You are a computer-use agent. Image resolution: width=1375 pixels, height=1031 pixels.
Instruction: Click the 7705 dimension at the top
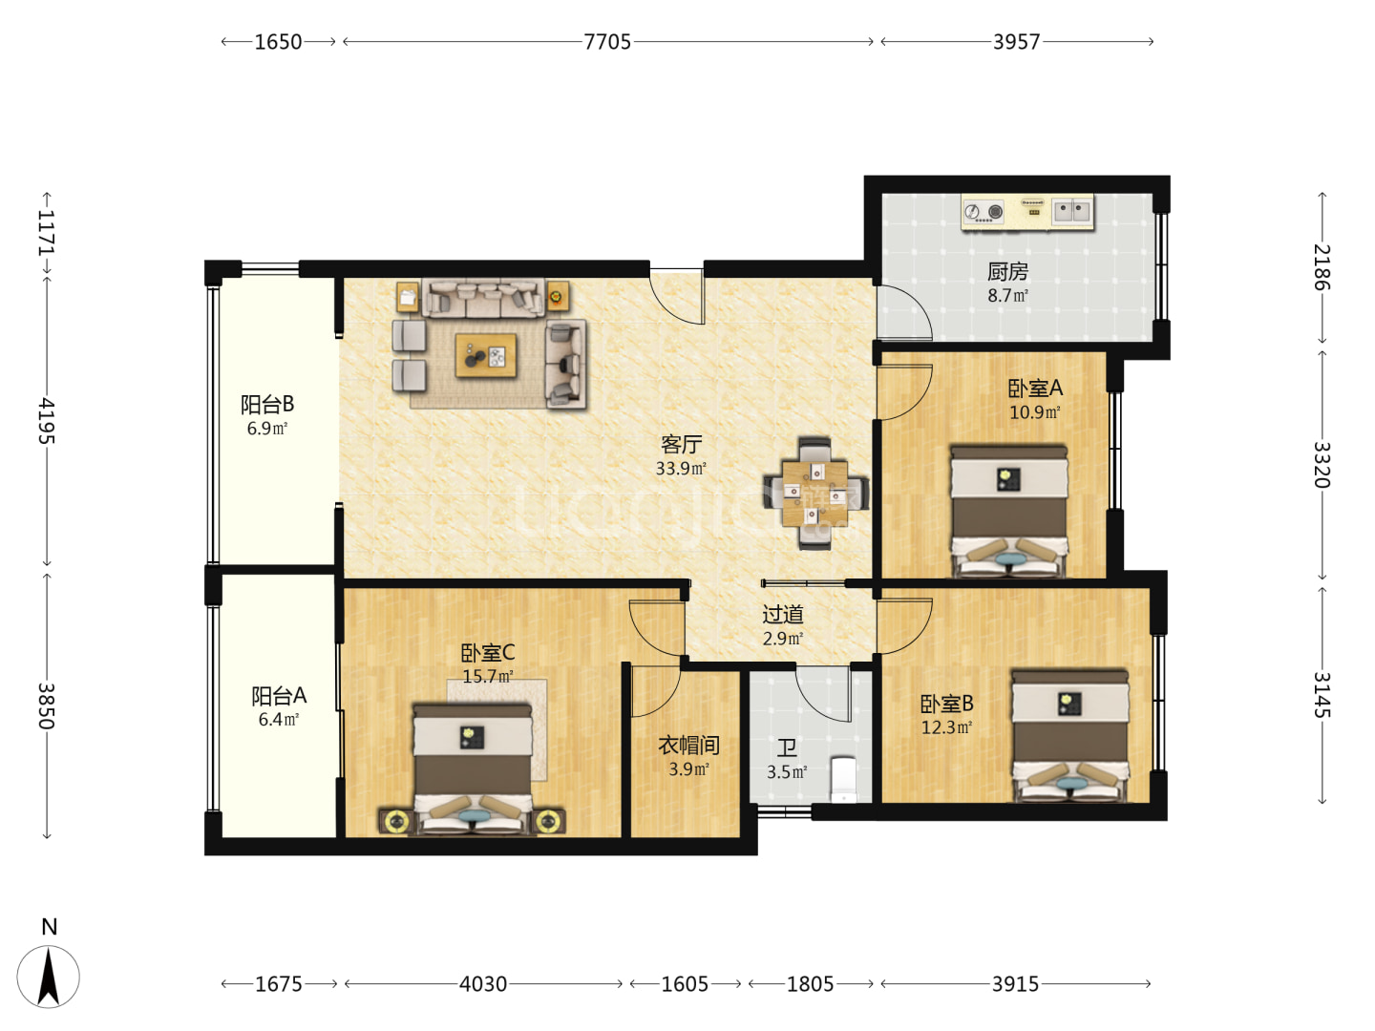point(607,42)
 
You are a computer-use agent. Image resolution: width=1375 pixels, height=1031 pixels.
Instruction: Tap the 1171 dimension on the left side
point(47,233)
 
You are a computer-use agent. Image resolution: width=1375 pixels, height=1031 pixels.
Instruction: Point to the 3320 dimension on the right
point(1322,465)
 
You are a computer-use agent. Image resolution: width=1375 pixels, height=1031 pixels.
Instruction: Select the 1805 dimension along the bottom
point(810,984)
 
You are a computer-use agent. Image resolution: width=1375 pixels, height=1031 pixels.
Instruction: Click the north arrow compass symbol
point(49,976)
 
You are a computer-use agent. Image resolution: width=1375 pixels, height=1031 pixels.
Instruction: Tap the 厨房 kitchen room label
point(1007,272)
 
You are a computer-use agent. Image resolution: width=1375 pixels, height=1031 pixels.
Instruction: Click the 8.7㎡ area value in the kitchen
point(1007,296)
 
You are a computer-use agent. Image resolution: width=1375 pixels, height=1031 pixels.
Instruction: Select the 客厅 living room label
point(681,445)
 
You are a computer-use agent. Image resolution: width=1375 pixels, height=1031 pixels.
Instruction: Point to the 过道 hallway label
point(782,615)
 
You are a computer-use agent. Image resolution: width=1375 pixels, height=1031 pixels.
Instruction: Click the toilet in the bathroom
point(843,779)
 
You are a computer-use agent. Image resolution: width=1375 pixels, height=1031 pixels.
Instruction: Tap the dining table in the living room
point(815,494)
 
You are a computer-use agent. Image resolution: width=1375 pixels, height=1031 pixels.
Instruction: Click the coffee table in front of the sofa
point(486,355)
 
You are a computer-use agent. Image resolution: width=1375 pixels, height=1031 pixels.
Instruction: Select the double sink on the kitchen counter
point(1071,212)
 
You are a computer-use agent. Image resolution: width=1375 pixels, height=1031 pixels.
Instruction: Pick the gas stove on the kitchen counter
point(984,212)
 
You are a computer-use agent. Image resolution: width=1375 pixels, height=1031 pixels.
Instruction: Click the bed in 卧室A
point(1008,511)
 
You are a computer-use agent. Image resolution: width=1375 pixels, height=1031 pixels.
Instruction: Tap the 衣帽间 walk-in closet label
point(688,746)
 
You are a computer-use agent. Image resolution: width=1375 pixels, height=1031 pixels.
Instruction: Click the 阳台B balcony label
point(266,405)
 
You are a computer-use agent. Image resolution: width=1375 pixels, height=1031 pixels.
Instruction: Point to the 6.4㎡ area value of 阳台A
point(278,720)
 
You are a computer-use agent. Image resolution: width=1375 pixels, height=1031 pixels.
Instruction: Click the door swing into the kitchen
point(904,313)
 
